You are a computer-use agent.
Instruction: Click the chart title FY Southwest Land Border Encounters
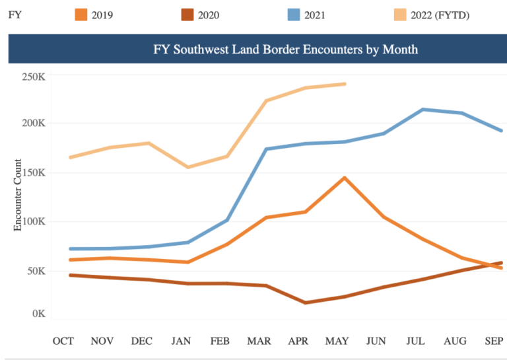(x=285, y=50)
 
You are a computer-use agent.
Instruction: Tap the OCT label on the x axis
(x=63, y=341)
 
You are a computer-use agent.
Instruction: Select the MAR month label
(x=259, y=341)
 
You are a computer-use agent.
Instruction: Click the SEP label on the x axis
(x=493, y=341)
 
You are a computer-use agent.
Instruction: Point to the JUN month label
(x=376, y=341)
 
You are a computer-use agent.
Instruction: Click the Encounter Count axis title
(x=18, y=195)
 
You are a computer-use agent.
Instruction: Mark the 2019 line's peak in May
(x=344, y=178)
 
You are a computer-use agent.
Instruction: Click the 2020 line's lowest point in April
(x=305, y=303)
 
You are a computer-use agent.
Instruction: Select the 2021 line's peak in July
(x=422, y=110)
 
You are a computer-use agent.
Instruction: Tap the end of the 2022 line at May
(x=345, y=84)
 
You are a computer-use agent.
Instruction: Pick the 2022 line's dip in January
(x=188, y=167)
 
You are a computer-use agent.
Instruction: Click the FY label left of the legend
(x=14, y=15)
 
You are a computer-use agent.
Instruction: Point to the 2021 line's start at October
(x=70, y=249)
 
